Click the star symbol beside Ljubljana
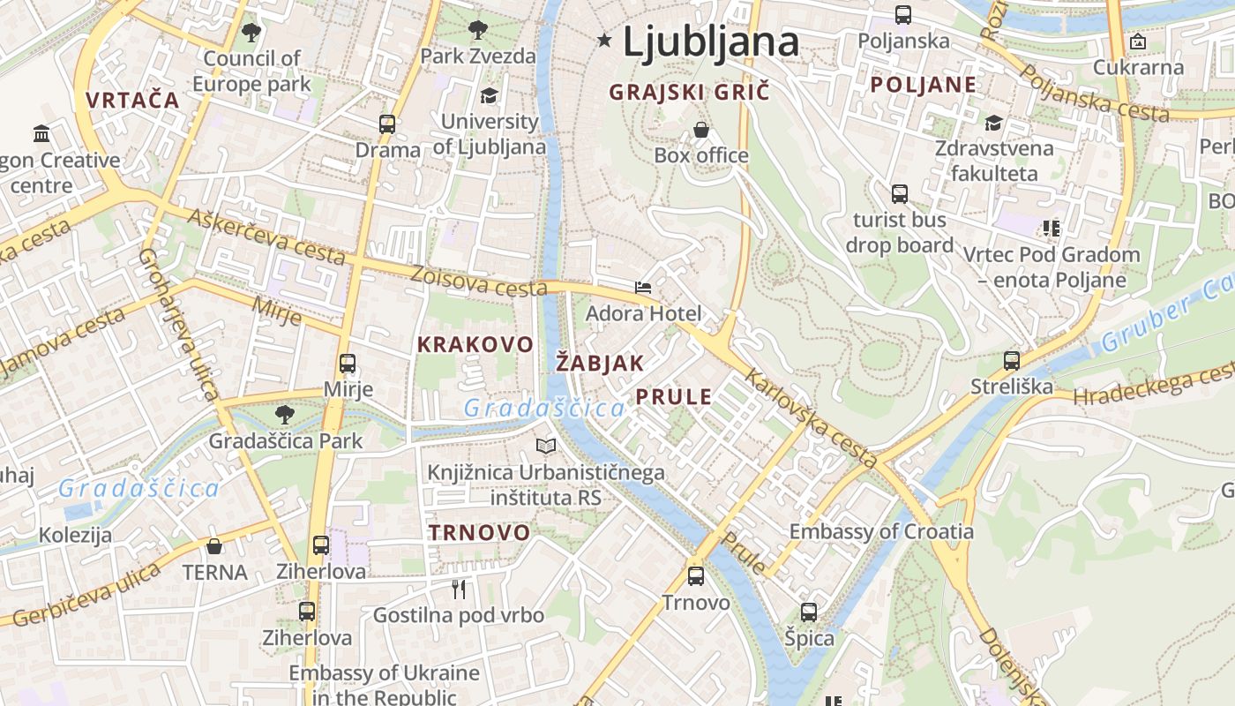pos(604,40)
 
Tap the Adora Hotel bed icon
pos(643,288)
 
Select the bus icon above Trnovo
pos(696,576)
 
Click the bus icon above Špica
pos(809,612)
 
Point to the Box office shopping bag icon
pos(701,130)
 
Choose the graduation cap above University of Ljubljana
pos(489,95)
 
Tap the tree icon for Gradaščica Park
pos(284,414)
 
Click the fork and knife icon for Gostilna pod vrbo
pos(458,589)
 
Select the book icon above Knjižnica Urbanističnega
pos(546,447)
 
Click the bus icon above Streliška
pos(1012,360)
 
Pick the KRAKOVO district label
pos(475,345)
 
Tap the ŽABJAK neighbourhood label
pos(601,363)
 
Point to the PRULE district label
pos(674,397)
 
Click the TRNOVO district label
pos(479,532)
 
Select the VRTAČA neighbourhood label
pos(133,100)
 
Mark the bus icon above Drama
pos(387,124)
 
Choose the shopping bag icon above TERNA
pos(214,546)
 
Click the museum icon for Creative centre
pos(41,134)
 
